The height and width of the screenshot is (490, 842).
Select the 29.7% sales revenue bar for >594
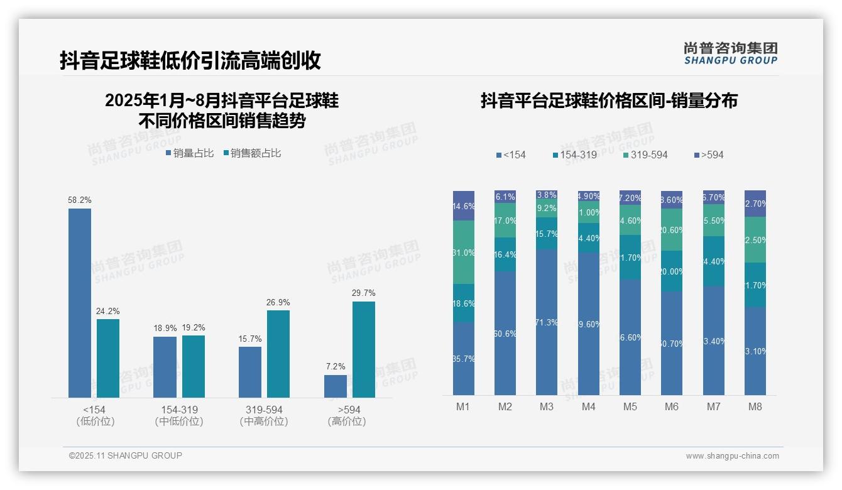(364, 349)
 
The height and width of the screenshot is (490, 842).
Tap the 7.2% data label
(336, 366)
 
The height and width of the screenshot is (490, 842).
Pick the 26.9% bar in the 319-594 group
(278, 354)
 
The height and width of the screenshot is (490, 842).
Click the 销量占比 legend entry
(190, 153)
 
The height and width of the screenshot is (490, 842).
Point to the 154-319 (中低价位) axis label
(179, 415)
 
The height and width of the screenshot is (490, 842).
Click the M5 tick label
(630, 406)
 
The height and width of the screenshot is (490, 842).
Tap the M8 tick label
(755, 406)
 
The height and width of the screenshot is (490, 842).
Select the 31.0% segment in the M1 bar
(464, 252)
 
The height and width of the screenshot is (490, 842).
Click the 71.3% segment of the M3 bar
(547, 322)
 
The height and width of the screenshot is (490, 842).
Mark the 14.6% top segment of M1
(464, 205)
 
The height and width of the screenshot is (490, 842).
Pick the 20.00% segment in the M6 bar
(671, 271)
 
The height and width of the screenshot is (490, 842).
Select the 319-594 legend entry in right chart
(645, 155)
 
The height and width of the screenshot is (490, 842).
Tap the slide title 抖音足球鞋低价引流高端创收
(190, 60)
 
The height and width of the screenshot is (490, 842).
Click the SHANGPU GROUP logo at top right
(730, 53)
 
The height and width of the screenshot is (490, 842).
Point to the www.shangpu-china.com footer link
(732, 456)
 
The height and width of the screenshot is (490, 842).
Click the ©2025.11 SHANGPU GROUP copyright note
(126, 455)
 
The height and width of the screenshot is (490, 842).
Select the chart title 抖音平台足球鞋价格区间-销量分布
(609, 101)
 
